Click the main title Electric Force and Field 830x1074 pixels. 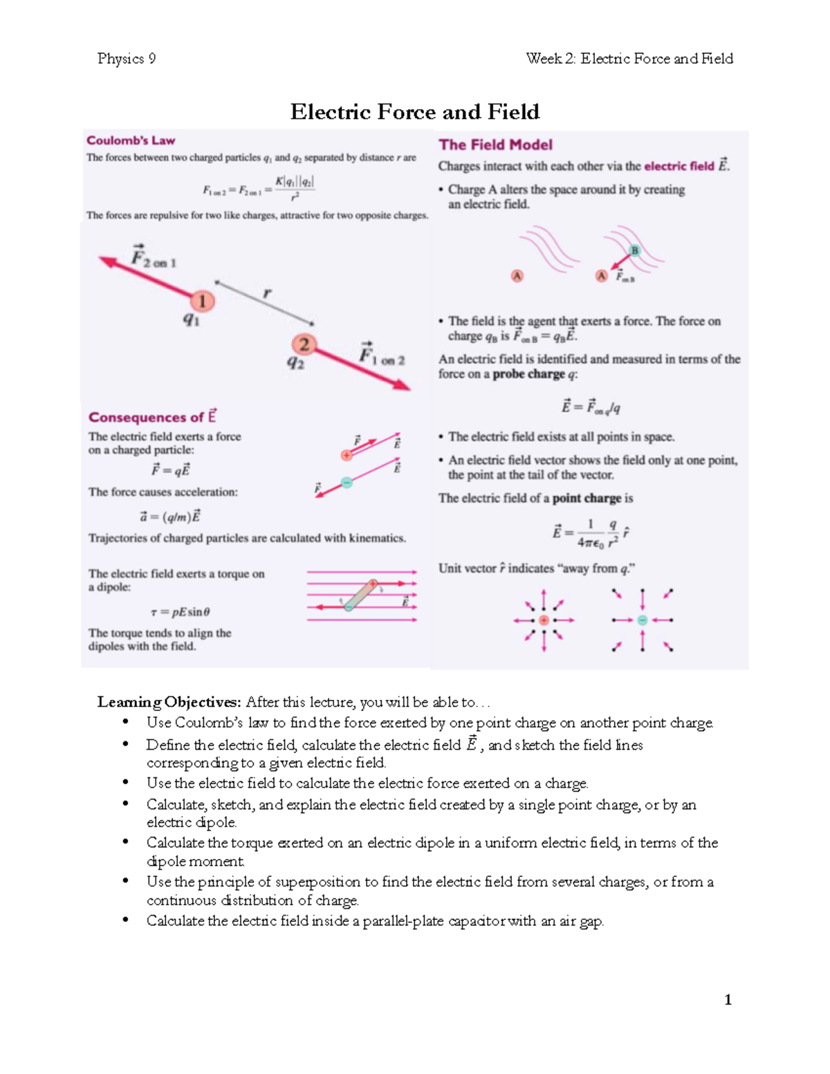coord(414,112)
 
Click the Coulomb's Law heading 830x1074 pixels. coord(131,140)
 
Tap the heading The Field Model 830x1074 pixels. coord(495,145)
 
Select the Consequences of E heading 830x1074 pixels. coord(152,417)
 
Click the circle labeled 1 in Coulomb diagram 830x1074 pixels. coord(202,301)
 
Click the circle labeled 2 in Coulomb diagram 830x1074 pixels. coord(304,344)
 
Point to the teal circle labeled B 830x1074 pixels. coord(634,250)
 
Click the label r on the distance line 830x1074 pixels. coord(267,293)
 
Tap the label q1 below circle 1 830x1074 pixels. coord(191,319)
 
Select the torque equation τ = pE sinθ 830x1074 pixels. coord(180,612)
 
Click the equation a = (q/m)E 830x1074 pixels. coord(169,517)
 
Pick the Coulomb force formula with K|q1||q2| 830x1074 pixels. coord(259,188)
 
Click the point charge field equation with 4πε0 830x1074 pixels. coord(590,533)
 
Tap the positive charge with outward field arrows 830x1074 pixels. coord(544,620)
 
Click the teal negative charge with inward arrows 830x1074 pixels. coord(642,620)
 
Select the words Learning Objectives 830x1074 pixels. coord(169,702)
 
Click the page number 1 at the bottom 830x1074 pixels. coord(728,999)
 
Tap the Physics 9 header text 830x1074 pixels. coord(127,59)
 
